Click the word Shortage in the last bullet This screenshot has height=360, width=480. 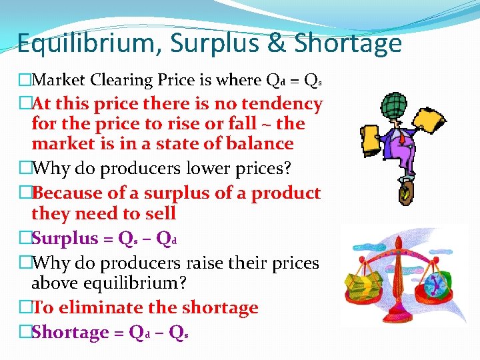tap(69, 333)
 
